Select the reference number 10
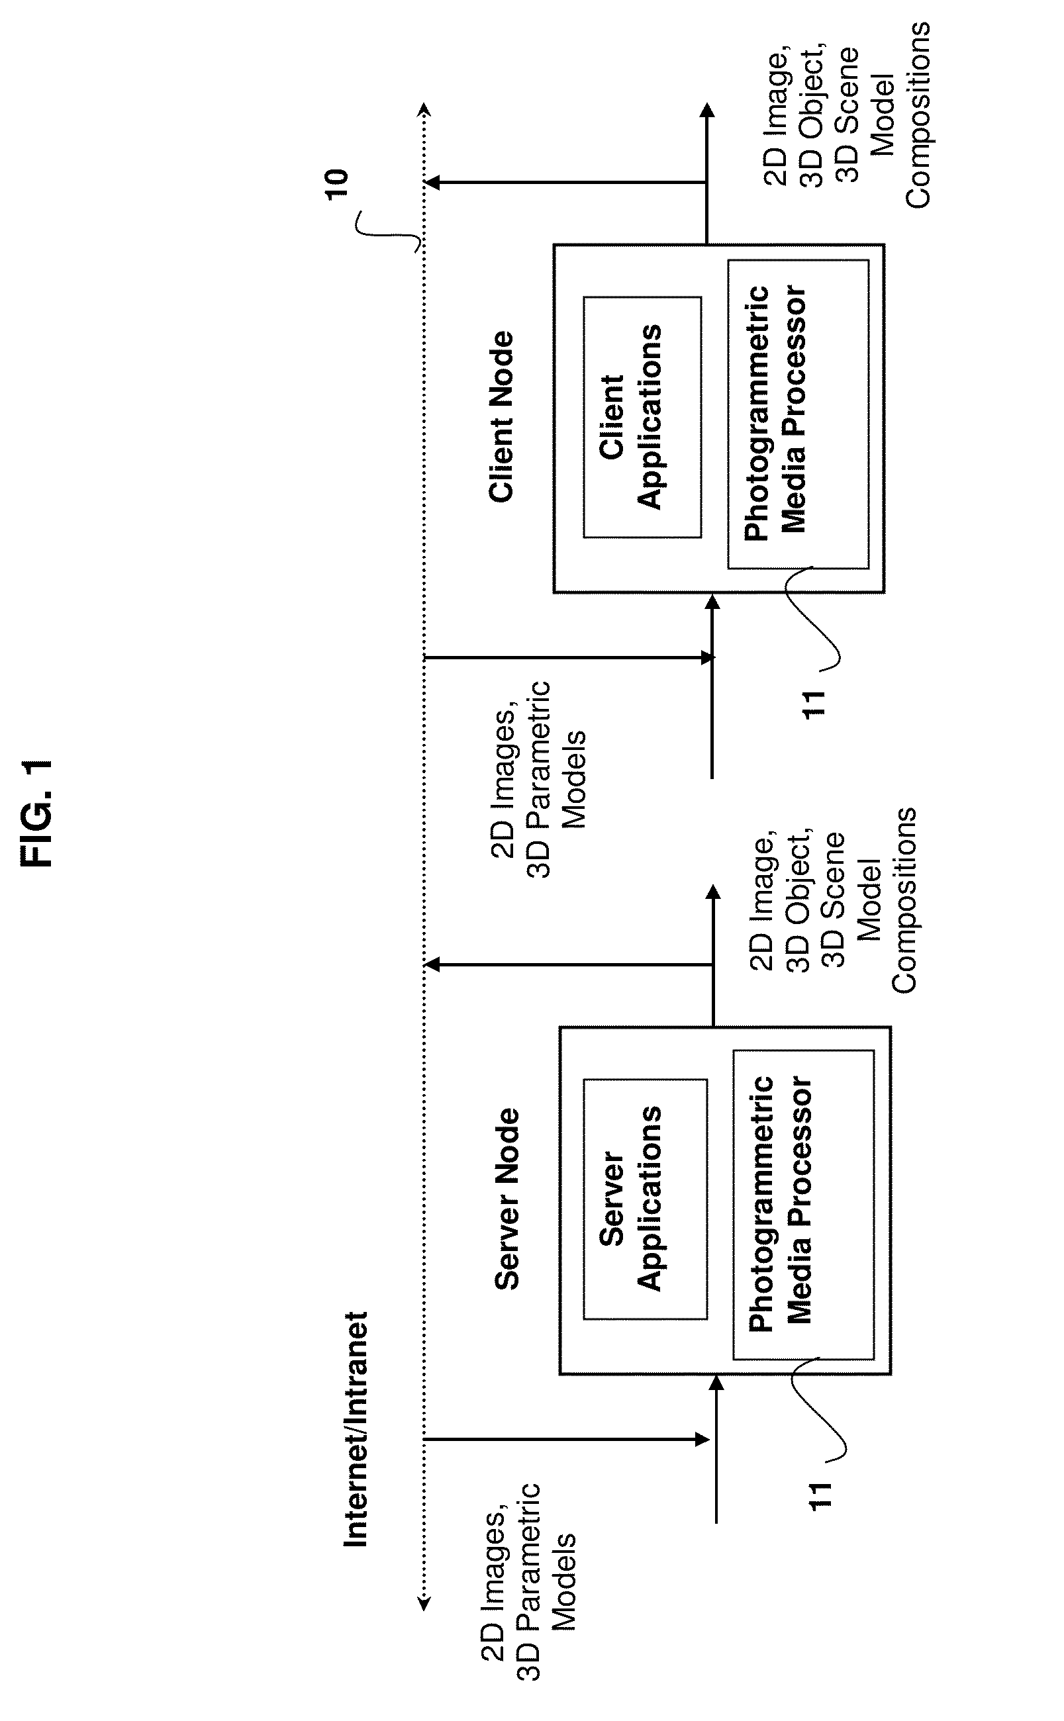(337, 185)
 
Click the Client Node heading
(503, 417)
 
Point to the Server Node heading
(507, 1199)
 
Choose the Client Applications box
(642, 417)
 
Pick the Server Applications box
(646, 1199)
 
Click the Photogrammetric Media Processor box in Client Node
(798, 414)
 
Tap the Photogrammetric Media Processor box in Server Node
(804, 1205)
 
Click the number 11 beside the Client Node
(814, 704)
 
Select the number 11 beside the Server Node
(820, 1495)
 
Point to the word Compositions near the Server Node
(904, 901)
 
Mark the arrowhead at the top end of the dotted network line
(424, 110)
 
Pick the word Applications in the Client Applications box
(650, 416)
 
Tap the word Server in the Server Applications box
(613, 1199)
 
